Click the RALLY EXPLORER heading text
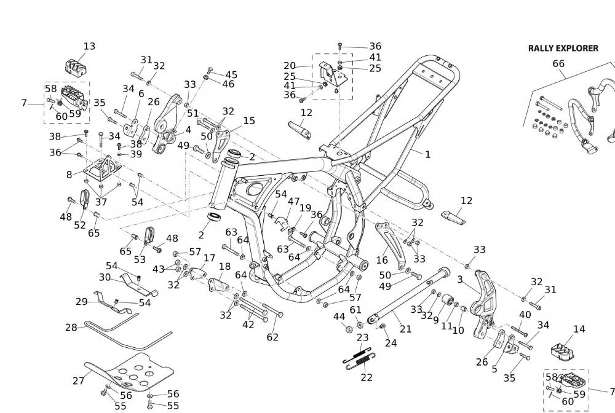[563, 48]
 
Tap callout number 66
[558, 63]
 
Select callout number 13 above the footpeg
[89, 46]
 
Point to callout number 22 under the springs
[367, 377]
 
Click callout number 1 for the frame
[427, 154]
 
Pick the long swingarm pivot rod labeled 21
[406, 294]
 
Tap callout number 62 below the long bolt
[272, 337]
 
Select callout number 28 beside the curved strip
[71, 328]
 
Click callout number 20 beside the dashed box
[290, 66]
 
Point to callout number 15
[249, 120]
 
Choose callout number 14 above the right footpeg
[579, 329]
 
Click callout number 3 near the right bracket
[459, 279]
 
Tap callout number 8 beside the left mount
[69, 175]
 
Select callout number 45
[231, 74]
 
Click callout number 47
[293, 202]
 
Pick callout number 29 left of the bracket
[82, 301]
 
